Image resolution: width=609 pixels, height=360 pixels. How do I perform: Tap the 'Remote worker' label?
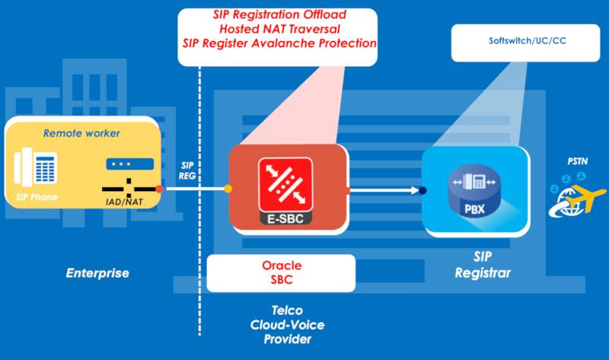81,133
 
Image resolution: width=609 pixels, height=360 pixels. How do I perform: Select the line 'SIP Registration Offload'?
279,15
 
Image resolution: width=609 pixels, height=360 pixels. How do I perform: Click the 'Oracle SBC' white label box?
281,272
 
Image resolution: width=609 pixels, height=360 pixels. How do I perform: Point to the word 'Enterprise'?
97,272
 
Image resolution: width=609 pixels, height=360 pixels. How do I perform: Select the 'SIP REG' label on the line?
190,170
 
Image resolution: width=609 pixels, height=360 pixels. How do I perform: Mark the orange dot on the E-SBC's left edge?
228,188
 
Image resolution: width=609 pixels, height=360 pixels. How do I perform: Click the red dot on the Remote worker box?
158,187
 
